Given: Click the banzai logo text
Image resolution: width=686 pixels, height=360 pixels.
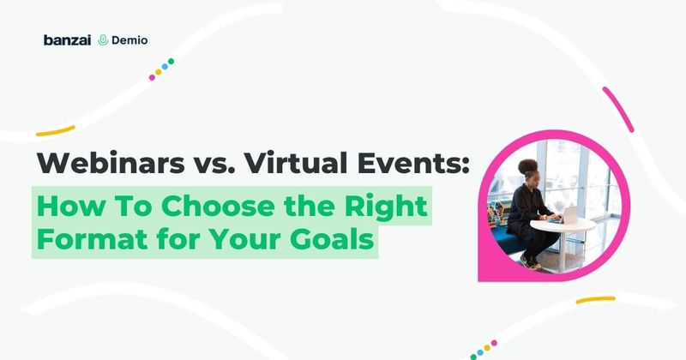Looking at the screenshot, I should [x=66, y=39].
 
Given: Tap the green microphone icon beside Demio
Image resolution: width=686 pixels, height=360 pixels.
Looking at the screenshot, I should [x=103, y=39].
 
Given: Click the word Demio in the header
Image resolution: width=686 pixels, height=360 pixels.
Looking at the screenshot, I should [x=126, y=39].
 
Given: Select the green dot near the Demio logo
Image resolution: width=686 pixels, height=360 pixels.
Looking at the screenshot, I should [x=171, y=62].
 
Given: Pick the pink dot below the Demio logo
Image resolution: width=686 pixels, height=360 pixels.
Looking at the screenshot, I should [x=153, y=77].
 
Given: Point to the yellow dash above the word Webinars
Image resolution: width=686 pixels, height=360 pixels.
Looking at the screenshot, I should [x=56, y=130].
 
